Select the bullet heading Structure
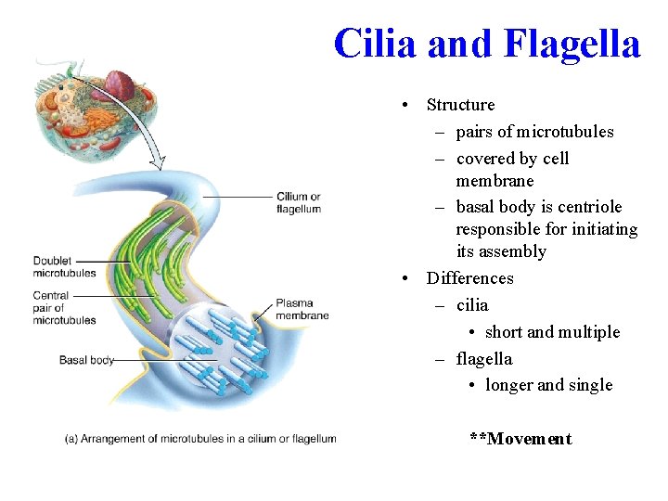point(460,105)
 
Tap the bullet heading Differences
point(469,278)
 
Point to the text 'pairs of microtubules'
point(534,132)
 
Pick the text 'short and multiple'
point(552,332)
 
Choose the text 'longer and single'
point(548,385)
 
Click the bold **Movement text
point(520,439)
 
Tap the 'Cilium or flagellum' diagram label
point(298,202)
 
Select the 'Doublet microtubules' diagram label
point(64,267)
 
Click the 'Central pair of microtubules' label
point(64,308)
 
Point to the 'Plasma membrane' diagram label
point(302,309)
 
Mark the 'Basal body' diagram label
point(85,360)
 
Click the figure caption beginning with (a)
point(200,439)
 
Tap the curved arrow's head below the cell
point(159,164)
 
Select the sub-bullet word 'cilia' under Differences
point(472,305)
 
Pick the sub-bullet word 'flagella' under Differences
point(484,359)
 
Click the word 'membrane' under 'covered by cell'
point(495,180)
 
